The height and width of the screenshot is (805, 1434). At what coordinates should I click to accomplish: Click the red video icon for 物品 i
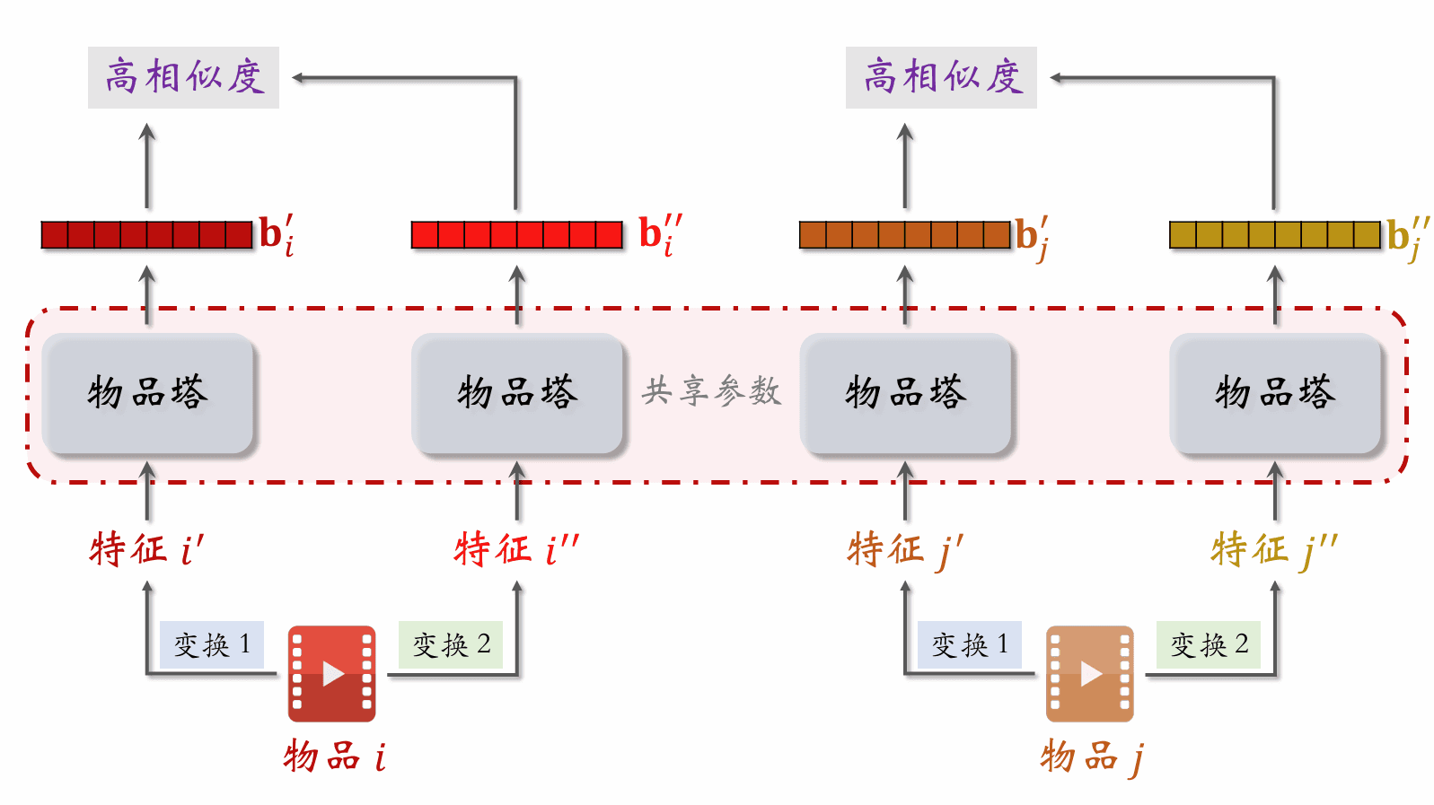[331, 673]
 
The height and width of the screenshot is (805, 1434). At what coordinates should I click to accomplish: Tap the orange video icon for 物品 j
[1089, 673]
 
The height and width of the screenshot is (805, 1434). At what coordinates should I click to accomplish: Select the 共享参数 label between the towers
[711, 391]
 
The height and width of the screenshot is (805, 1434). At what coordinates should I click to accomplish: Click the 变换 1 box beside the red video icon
[212, 644]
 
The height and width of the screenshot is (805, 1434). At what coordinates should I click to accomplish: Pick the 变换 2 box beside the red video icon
[451, 644]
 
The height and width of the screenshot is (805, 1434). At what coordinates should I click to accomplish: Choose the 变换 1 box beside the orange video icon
[970, 644]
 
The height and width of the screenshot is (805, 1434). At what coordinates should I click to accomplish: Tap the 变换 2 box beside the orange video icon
[1209, 644]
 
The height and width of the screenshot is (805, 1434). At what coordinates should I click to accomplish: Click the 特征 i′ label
[147, 548]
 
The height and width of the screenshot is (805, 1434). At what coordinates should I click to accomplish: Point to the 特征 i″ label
[516, 548]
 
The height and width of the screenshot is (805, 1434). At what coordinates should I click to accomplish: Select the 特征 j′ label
[905, 548]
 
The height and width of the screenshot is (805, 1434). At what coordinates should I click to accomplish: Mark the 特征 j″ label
[1274, 548]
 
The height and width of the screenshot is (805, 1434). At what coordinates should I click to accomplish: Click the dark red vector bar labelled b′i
[147, 235]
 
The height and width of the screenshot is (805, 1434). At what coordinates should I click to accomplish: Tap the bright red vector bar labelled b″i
[516, 235]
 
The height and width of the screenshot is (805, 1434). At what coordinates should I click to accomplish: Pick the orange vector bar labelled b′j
[905, 235]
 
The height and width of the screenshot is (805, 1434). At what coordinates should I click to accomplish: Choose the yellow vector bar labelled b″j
[1274, 235]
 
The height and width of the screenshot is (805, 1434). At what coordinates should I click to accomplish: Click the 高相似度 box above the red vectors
[183, 77]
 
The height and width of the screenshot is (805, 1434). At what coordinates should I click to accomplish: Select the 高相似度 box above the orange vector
[941, 77]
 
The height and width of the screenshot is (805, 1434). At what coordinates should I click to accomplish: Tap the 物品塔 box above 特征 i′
[148, 393]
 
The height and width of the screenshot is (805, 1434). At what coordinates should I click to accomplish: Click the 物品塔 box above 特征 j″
[1275, 393]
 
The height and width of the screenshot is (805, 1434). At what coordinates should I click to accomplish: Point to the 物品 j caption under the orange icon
[1091, 757]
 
